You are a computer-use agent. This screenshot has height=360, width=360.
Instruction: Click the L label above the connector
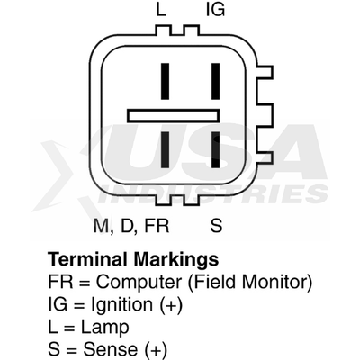161,10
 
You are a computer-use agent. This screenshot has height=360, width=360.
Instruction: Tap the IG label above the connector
215,10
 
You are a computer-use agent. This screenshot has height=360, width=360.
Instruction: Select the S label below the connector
216,225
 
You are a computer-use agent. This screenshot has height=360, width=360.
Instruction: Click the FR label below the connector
157,226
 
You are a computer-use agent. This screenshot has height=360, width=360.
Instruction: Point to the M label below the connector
101,226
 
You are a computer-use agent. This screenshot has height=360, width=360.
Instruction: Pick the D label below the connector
127,226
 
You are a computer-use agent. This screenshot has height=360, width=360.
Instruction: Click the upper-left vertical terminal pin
165,81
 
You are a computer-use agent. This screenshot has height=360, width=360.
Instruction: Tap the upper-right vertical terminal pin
215,81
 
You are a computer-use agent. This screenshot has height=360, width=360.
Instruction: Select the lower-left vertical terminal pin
165,149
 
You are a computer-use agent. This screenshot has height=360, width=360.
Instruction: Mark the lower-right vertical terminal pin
215,149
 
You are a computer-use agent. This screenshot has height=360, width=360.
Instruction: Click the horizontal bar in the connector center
174,115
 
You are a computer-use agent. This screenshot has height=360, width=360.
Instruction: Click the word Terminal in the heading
87,258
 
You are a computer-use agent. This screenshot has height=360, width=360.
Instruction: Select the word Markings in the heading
176,260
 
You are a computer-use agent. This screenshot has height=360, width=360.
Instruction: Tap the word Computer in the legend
139,283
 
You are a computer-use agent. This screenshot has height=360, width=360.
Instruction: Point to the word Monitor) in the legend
277,283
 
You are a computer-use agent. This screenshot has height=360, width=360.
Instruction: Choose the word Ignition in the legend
121,306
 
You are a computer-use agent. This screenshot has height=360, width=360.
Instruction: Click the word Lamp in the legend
105,328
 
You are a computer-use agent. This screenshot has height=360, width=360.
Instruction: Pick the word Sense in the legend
111,349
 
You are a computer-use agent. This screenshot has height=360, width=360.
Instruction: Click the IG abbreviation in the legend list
58,304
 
